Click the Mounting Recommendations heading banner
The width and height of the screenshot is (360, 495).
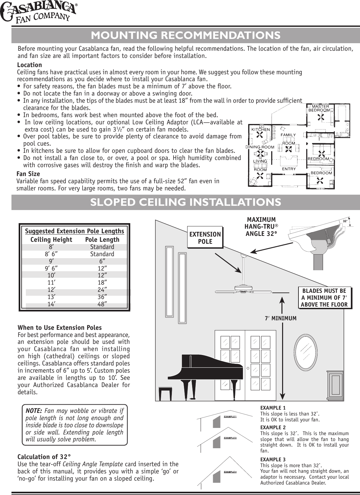pos(185,35)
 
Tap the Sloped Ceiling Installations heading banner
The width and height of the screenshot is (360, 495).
pos(185,202)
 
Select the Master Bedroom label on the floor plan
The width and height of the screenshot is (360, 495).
pos(319,108)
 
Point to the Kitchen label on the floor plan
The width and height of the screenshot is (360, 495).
pos(261,130)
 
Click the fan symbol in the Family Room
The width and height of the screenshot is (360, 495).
pos(288,149)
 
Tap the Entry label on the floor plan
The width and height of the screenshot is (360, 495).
pos(289,169)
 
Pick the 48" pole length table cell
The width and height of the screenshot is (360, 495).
pos(102,304)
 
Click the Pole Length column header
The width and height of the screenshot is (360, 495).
pos(102,239)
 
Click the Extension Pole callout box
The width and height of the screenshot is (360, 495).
pos(205,238)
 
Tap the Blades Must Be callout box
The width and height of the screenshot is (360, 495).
pos(324,298)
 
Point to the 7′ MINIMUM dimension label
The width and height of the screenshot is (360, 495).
pos(280,318)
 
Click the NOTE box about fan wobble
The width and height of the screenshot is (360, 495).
pos(75,425)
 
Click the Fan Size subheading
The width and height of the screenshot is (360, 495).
pos(28,174)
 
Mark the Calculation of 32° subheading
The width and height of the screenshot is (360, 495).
pos(44,457)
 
